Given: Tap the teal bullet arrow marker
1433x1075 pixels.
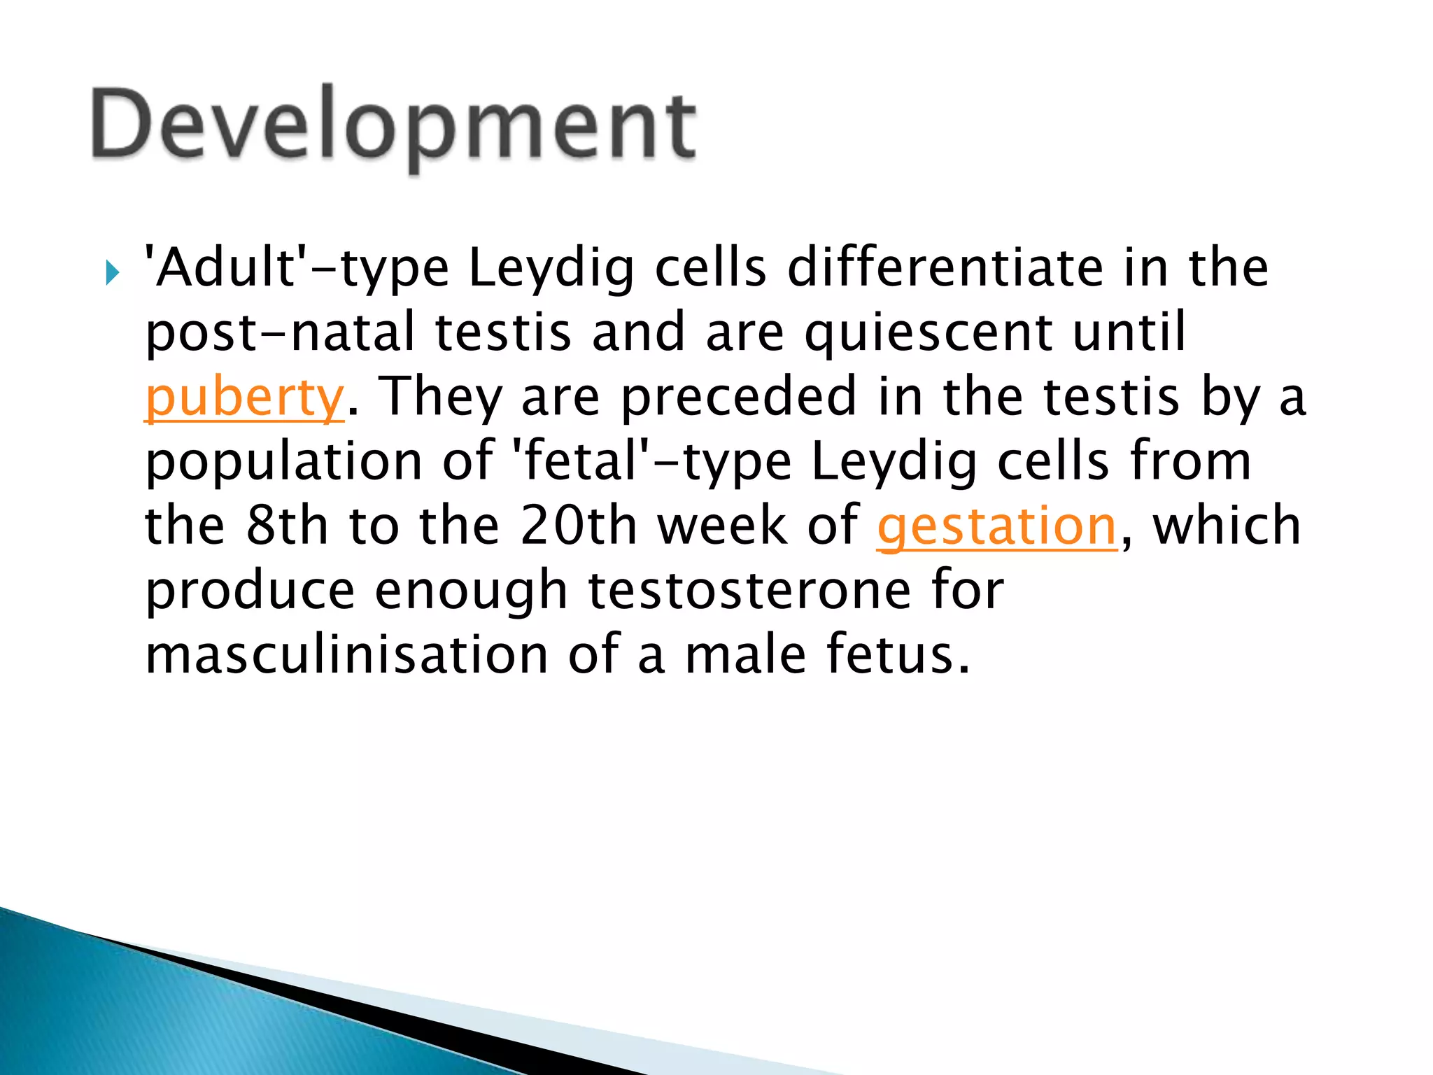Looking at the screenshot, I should (112, 273).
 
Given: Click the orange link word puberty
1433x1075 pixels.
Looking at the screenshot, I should (244, 398).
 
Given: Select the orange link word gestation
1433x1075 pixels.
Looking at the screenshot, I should (997, 526).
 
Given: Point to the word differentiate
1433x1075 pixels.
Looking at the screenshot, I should (945, 268).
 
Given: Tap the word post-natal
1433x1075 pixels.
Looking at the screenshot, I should (280, 332).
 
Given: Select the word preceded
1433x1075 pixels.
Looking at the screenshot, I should (739, 397).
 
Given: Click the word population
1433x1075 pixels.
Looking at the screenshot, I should (283, 462).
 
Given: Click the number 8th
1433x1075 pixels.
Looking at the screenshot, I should (287, 526).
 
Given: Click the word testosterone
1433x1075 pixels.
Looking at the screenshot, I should (749, 591).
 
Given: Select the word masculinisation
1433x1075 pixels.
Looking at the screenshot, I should (346, 655).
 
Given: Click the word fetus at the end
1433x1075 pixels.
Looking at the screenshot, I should (898, 655).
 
